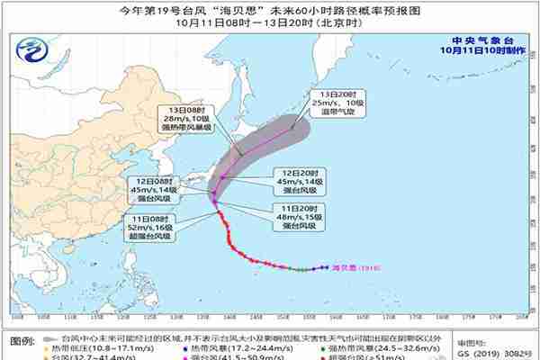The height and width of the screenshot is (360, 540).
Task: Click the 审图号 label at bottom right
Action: point(472,343)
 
